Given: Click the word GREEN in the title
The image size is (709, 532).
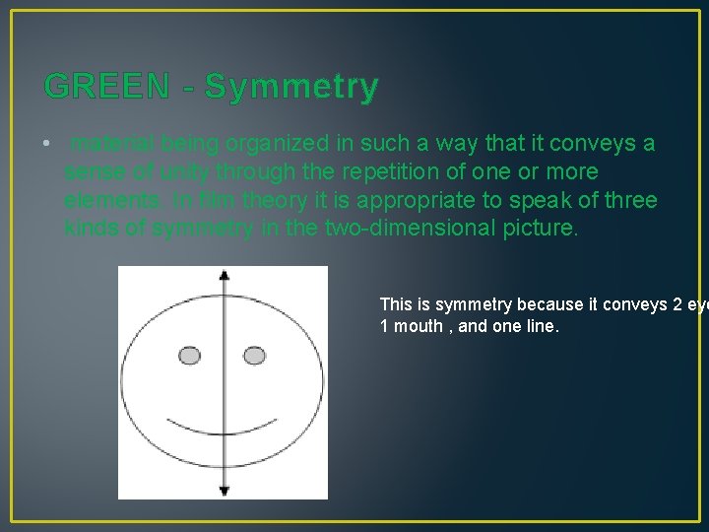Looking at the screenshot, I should pyautogui.click(x=106, y=87).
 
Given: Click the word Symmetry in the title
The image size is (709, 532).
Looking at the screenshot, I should pyautogui.click(x=291, y=87).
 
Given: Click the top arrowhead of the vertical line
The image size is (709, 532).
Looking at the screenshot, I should pyautogui.click(x=224, y=276).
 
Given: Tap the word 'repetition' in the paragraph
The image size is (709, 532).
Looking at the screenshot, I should pyautogui.click(x=382, y=172).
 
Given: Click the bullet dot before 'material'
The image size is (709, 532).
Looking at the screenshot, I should pyautogui.click(x=47, y=145).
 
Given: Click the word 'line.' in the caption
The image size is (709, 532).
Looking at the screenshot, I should pyautogui.click(x=540, y=326).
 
